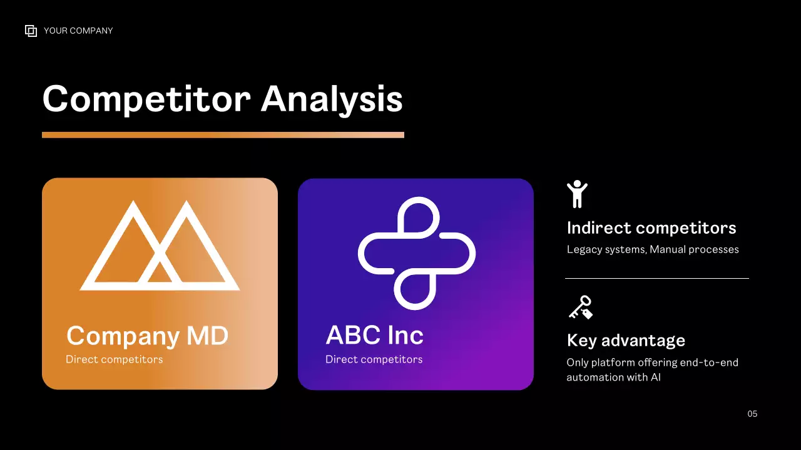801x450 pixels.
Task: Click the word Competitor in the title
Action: point(146,99)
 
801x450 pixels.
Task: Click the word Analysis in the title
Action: point(332,99)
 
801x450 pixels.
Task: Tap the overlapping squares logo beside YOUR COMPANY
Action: point(31,31)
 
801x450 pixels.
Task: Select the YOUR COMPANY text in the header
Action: point(78,31)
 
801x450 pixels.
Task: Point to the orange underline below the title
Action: point(223,134)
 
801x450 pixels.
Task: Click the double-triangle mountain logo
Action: point(160,246)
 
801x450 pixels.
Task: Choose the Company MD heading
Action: point(147,336)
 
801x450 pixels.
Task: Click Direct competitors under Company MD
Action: point(114,359)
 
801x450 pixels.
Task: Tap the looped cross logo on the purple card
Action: point(416,252)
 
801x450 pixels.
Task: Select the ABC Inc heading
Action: point(374,336)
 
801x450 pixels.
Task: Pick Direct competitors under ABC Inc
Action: point(374,359)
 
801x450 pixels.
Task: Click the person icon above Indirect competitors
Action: point(577,194)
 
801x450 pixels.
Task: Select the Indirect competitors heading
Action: point(651,228)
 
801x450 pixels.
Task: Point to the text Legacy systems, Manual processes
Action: point(653,249)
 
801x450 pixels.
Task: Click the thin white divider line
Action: point(656,278)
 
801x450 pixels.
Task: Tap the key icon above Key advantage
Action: point(580,307)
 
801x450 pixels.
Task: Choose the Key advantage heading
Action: point(626,341)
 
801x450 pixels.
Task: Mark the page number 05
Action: point(752,414)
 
